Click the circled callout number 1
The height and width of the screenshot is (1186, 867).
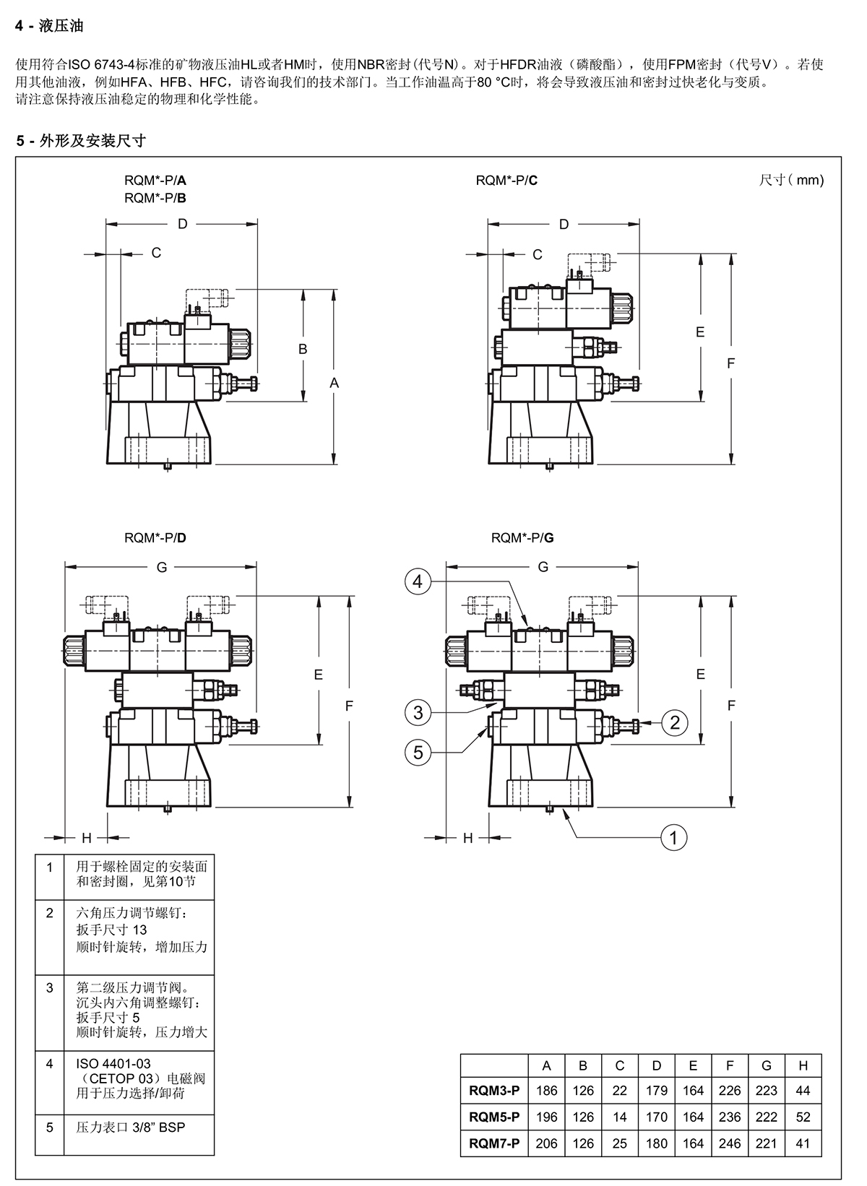[x=673, y=838]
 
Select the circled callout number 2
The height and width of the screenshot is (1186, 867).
[x=675, y=723]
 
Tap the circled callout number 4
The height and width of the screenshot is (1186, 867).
[x=418, y=581]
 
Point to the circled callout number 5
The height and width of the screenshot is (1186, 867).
[x=418, y=753]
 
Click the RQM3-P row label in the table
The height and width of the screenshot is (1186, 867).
[x=494, y=1090]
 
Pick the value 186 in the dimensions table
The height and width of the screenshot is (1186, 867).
[x=547, y=1090]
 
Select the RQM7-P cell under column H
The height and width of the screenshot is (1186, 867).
[x=803, y=1143]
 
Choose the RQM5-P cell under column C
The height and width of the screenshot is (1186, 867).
[x=620, y=1117]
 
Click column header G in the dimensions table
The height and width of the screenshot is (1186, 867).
[x=767, y=1065]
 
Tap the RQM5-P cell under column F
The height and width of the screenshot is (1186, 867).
[x=730, y=1117]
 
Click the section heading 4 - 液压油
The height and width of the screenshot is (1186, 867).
[x=49, y=25]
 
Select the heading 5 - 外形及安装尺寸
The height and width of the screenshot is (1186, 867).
[x=81, y=140]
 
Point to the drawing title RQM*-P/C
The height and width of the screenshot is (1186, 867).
[x=506, y=181]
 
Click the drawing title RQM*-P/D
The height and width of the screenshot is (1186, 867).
[x=155, y=538]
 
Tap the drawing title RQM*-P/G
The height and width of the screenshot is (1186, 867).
[x=522, y=538]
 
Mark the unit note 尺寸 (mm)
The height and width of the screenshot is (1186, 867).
[x=791, y=180]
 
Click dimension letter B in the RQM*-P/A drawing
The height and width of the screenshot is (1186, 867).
[x=303, y=349]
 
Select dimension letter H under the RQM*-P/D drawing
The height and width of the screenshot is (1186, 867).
[x=87, y=838]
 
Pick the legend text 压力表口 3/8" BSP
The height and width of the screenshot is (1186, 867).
[x=130, y=1127]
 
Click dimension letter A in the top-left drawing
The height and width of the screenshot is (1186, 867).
[x=335, y=383]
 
